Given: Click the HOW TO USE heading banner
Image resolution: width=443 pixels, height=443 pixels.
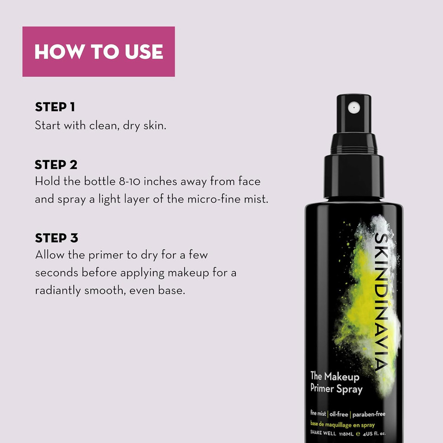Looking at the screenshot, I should click(98, 52).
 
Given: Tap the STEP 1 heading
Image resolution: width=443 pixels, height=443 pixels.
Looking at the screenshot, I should click(54, 107).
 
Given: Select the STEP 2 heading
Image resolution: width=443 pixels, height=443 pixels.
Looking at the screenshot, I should click(56, 165).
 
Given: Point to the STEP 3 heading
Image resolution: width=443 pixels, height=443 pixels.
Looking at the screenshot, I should click(56, 238).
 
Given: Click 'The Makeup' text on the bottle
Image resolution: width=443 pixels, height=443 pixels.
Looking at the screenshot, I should click(334, 377).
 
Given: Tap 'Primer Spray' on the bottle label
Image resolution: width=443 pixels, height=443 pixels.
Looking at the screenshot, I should click(336, 389).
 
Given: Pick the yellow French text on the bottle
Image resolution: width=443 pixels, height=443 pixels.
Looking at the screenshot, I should click(342, 425).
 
